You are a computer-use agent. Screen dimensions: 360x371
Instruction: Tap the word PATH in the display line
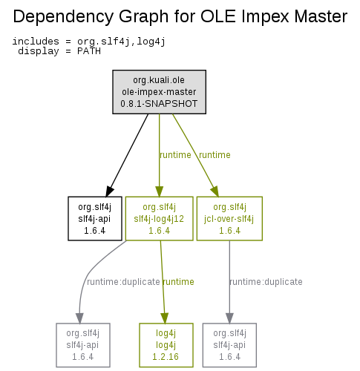pos(89,51)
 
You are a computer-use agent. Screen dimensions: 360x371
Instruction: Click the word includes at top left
pos(36,42)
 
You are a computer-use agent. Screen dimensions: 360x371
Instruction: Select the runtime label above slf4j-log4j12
pos(175,155)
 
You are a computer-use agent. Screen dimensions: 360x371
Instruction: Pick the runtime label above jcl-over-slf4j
pos(215,155)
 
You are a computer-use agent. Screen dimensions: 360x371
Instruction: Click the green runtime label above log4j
pos(178,282)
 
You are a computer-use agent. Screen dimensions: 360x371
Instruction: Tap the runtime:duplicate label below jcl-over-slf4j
pos(266,282)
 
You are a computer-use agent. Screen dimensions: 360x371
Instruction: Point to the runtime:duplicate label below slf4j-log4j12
pos(123,282)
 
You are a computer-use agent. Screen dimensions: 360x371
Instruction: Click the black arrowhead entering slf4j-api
pos(109,191)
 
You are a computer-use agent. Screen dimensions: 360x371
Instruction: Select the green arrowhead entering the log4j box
pos(165,318)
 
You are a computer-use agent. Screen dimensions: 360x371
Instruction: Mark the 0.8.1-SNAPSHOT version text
pos(159,104)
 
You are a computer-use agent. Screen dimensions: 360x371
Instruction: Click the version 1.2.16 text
pos(166,357)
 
